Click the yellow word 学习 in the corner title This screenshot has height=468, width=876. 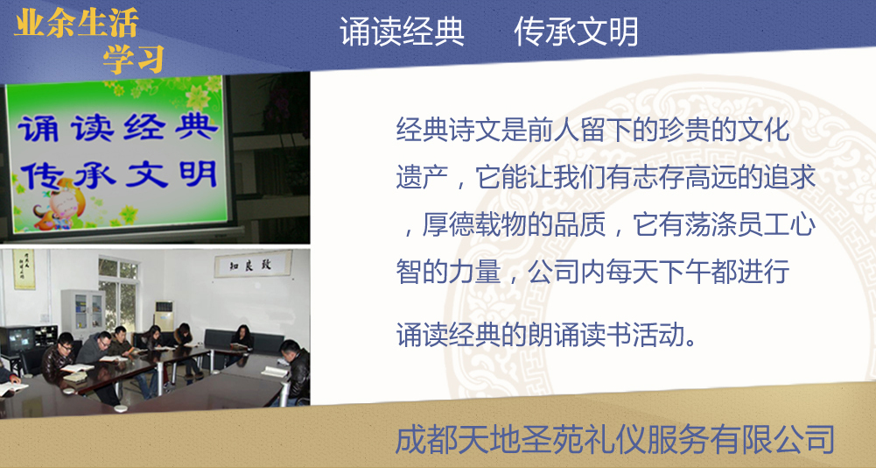[x=134, y=58]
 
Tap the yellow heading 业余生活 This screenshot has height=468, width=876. [x=76, y=23]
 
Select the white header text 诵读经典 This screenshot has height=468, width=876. [x=403, y=32]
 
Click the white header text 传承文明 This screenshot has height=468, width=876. [x=576, y=32]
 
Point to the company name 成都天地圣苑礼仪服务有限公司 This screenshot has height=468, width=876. [x=615, y=439]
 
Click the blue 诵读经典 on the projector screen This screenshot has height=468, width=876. [x=118, y=128]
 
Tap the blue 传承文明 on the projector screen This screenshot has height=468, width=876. [x=118, y=174]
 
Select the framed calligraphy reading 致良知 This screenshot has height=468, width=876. [x=253, y=264]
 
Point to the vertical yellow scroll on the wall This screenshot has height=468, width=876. [x=24, y=269]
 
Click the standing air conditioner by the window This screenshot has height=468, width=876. [x=164, y=316]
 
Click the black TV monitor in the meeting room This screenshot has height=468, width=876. [x=18, y=340]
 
